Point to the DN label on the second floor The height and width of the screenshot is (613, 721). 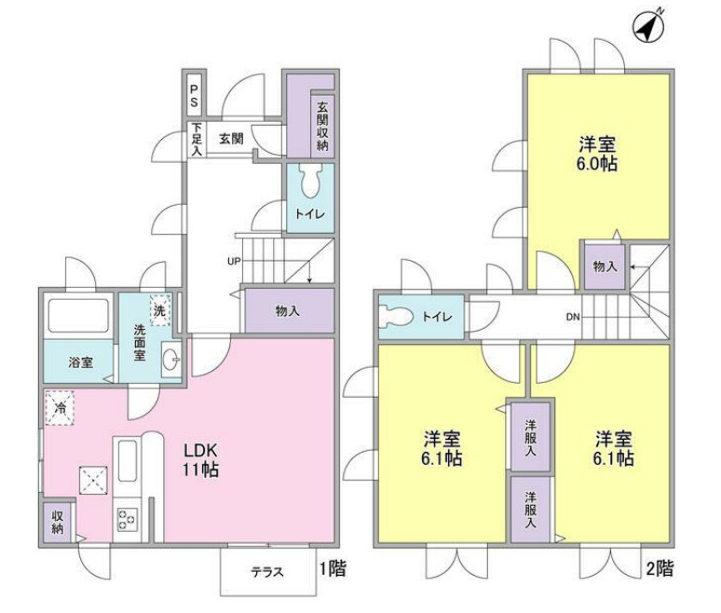point(572,317)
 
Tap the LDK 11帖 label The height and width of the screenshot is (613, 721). point(200,457)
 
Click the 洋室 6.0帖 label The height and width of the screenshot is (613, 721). point(596,155)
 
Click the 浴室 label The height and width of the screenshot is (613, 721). point(79,361)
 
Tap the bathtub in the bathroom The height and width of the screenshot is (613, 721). point(78,317)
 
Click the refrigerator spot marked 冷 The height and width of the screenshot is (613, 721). point(60,407)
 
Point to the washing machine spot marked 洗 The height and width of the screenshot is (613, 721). point(160,309)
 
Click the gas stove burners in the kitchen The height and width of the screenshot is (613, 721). point(127,521)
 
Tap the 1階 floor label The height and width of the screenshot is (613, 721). point(332,568)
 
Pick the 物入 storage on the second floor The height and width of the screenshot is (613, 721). point(604,266)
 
